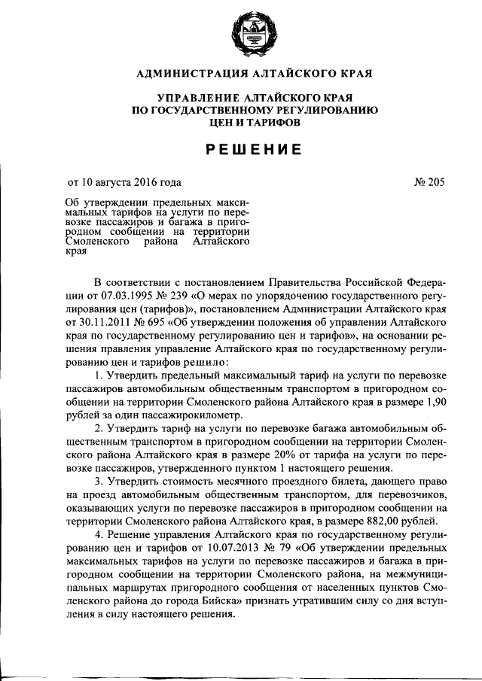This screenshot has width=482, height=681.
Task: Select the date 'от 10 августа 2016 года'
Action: pos(124,181)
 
